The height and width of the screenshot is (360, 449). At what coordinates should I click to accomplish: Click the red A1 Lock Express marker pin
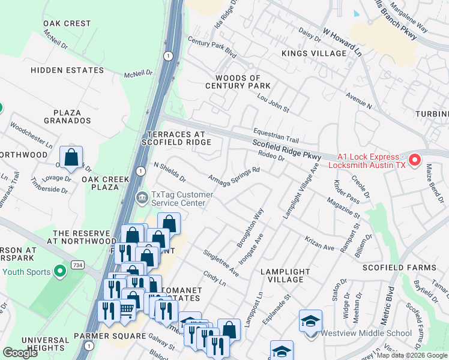tap(414, 160)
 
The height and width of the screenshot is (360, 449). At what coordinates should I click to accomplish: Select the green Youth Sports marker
tap(59, 272)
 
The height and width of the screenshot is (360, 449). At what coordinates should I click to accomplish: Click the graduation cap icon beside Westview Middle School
tap(310, 322)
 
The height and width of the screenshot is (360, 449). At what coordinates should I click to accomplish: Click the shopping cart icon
tap(127, 310)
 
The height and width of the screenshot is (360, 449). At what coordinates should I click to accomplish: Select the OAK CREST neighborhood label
tap(67, 23)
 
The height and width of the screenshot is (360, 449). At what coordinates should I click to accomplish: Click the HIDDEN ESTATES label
tap(67, 70)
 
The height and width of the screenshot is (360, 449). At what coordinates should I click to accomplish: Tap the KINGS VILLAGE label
tap(314, 53)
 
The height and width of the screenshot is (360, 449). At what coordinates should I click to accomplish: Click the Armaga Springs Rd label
tap(234, 176)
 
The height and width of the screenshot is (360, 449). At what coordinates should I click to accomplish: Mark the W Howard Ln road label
tap(342, 41)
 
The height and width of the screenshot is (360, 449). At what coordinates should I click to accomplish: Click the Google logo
tap(20, 353)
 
